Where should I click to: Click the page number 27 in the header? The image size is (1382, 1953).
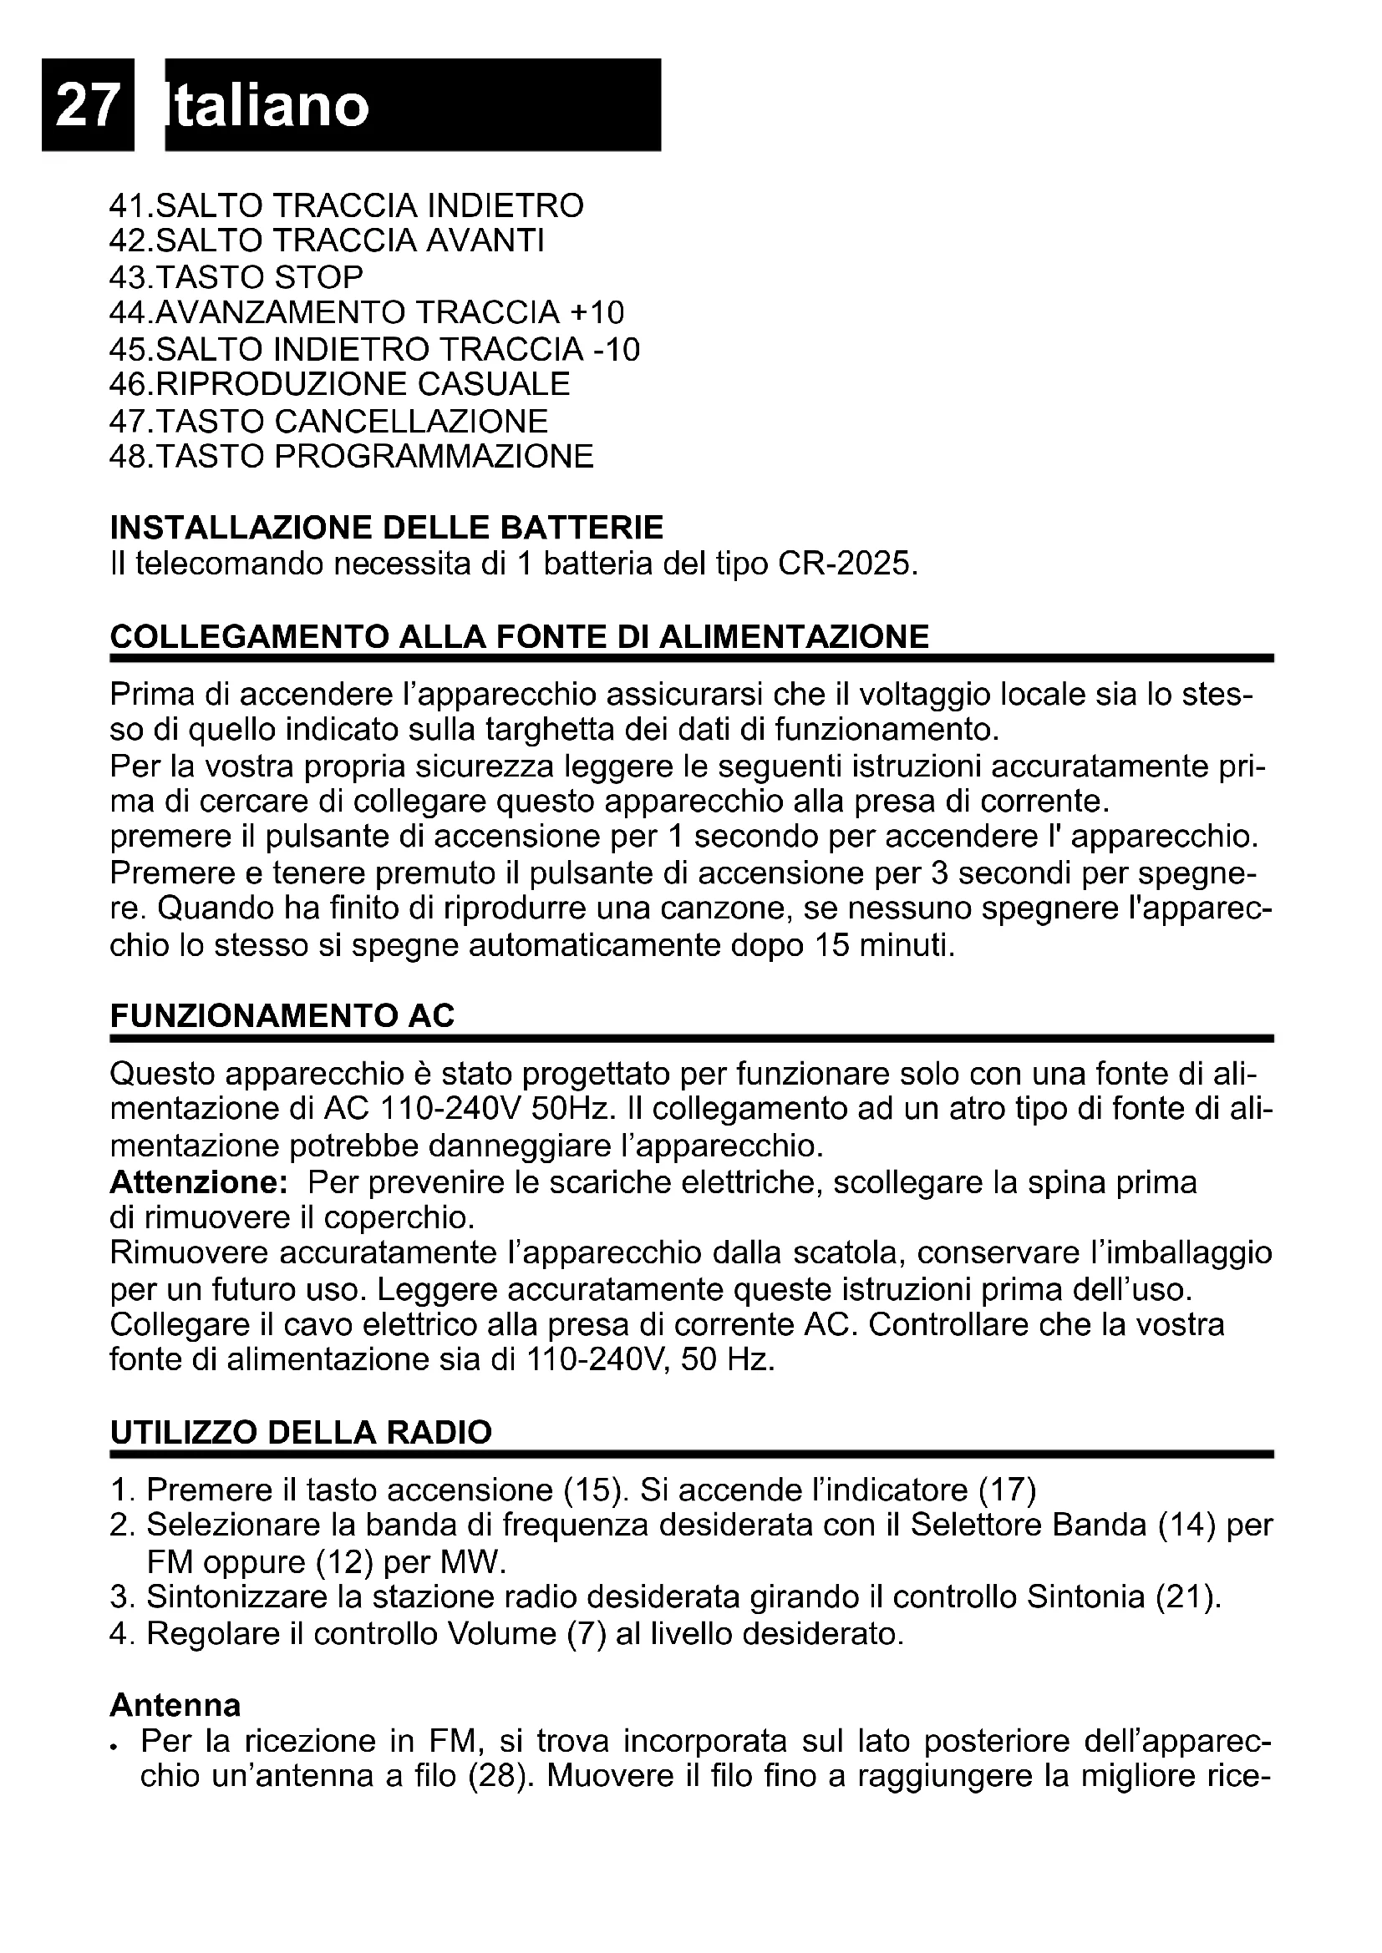87,106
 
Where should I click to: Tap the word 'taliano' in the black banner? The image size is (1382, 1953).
269,106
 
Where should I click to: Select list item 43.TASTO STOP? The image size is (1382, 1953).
236,277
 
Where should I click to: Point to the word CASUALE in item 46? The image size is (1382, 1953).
494,384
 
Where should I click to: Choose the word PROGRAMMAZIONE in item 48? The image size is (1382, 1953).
434,457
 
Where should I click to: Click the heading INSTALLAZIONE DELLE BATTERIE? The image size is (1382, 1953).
386,528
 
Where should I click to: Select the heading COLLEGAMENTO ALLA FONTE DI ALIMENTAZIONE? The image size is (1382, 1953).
519,636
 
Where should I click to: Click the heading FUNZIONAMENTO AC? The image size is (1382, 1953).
282,1015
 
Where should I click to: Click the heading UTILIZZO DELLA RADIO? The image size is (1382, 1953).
301,1433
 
